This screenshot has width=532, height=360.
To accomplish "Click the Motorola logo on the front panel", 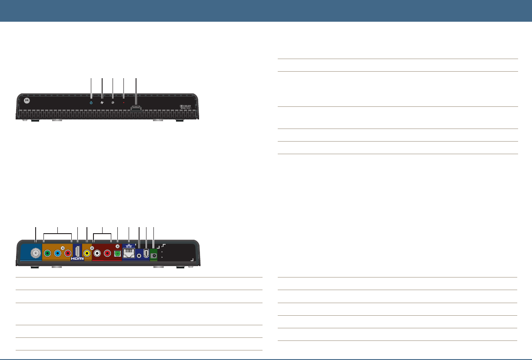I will pos(27,100).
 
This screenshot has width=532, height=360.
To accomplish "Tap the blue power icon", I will pos(91,103).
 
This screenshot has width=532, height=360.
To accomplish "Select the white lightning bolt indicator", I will pos(102,103).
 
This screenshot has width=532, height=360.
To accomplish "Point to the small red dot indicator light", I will pos(124,103).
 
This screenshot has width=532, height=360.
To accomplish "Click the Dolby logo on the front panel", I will pos(186,106).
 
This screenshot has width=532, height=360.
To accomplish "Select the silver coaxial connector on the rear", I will pos(35,254).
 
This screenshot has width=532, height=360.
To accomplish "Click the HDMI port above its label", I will pos(77,251).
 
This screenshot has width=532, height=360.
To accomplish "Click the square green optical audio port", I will pos(117,254).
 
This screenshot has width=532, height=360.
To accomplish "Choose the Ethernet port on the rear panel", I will pos(129,254).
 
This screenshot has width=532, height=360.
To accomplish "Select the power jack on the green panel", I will pos(154,255).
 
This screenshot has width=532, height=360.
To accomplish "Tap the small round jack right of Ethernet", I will pos(139,256).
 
